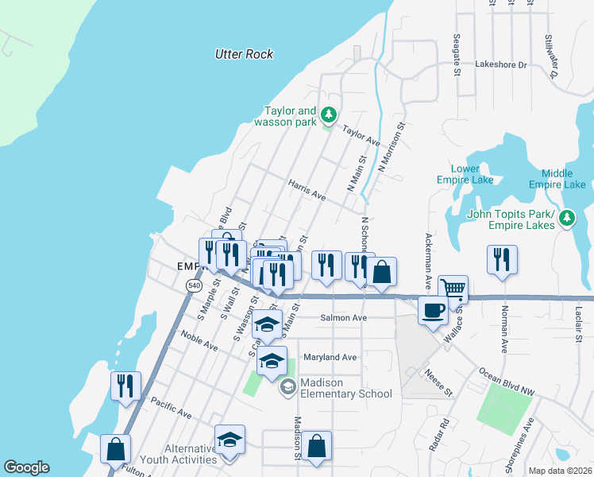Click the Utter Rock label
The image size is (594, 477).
tap(244, 54)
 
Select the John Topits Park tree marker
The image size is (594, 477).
tap(567, 217)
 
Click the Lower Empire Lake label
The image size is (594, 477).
tap(465, 174)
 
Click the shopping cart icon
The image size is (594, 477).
tap(453, 289)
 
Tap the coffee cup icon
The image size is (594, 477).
tap(433, 308)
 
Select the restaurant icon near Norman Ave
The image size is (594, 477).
tap(502, 259)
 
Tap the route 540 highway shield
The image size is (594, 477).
tap(194, 285)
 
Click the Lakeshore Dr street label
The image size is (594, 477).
tap(500, 64)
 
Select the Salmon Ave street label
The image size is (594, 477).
tap(343, 318)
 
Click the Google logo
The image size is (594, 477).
tap(26, 467)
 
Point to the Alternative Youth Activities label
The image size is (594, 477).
tap(179, 454)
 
